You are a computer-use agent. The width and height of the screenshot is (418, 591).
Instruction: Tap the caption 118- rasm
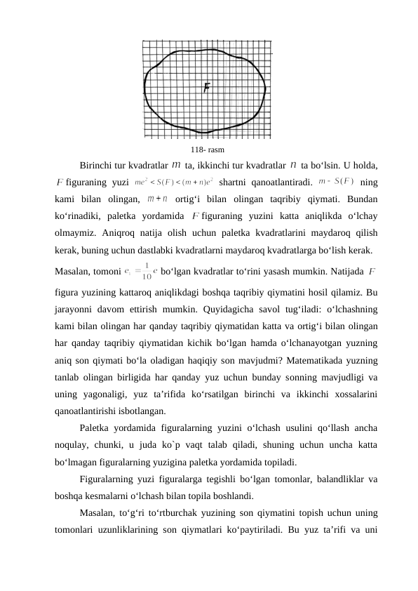pyautogui.click(x=208, y=150)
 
